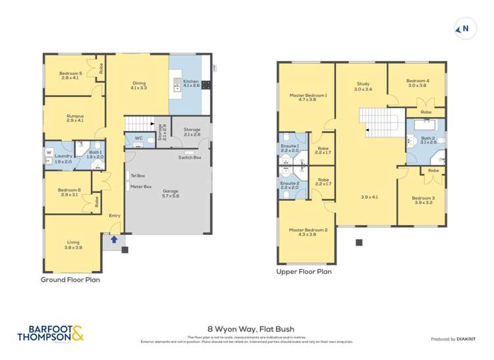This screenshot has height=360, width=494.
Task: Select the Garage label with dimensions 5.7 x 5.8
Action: coord(170,193)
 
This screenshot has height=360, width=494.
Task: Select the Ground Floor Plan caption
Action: coord(70,280)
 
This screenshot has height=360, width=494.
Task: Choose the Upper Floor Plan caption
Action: coord(304,271)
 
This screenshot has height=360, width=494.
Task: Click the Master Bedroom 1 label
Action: coord(308,97)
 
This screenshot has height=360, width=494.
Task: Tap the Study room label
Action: coord(363,86)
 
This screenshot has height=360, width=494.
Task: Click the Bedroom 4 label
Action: coord(418,83)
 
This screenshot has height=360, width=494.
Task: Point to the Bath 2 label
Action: coord(428,140)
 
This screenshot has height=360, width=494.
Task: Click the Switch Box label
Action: coord(190,157)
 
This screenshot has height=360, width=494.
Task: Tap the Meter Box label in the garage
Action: coord(141,186)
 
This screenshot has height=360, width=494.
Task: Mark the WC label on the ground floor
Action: coord(138,138)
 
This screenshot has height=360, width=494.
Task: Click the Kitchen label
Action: coord(190,84)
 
